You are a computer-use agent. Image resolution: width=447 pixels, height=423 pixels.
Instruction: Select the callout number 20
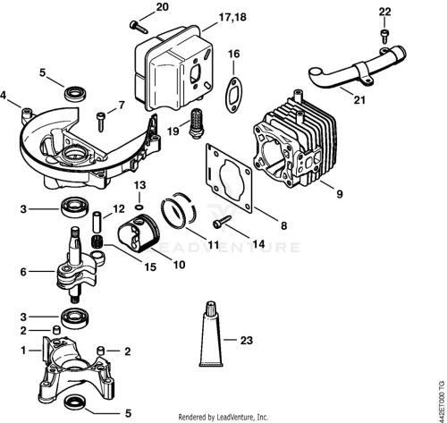tap(163, 7)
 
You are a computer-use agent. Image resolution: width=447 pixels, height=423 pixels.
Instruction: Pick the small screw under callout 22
tap(384, 35)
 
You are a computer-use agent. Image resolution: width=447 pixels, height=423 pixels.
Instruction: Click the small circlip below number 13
tap(139, 207)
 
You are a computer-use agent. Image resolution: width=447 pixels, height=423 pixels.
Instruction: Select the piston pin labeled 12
tap(97, 222)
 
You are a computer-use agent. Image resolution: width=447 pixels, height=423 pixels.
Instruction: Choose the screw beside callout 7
tap(101, 121)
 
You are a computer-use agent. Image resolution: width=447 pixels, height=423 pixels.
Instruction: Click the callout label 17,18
tap(232, 17)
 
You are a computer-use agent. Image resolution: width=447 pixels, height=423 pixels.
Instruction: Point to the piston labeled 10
tap(139, 233)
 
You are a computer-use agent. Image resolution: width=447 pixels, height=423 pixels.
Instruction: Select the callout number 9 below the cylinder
tap(340, 194)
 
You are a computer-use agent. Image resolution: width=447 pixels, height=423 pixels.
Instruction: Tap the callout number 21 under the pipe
tap(359, 99)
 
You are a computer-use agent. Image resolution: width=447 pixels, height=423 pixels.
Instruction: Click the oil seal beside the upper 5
tap(75, 93)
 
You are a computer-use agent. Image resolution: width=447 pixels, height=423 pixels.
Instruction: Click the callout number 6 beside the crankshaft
tap(23, 272)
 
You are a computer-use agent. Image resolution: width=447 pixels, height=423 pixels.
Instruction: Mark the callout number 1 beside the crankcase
tap(23, 351)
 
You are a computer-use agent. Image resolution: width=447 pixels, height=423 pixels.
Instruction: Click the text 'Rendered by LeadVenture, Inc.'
tap(223, 417)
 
